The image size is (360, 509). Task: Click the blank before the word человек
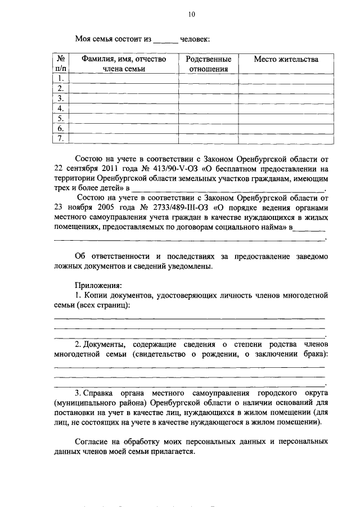(165, 40)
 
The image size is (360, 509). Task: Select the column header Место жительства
(286, 59)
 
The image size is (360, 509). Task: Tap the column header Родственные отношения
(209, 64)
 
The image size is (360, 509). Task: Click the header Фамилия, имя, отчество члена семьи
(123, 64)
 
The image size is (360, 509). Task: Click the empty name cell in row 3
(123, 98)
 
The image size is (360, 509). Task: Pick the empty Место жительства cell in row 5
(286, 118)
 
